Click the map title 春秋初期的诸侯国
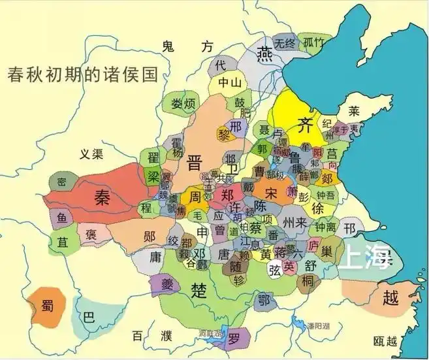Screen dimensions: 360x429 [x=83, y=74]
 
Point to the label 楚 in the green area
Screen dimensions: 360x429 [x=199, y=289]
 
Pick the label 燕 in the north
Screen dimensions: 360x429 [x=265, y=53]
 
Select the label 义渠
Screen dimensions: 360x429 [x=92, y=155]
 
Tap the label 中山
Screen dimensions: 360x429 [x=229, y=82]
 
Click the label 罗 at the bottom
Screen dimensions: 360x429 [x=234, y=338]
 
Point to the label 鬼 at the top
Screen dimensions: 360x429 [x=168, y=46]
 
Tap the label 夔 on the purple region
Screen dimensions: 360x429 [x=164, y=283]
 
